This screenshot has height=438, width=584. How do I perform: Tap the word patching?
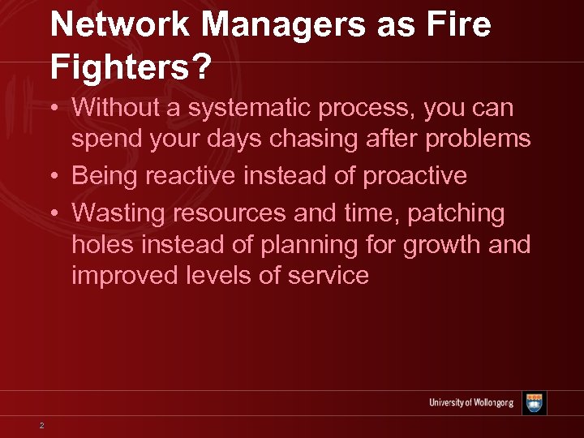pyautogui.click(x=456, y=213)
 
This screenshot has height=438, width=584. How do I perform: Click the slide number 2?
pyautogui.click(x=41, y=424)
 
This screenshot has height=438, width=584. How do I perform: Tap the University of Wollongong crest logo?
pyautogui.click(x=535, y=403)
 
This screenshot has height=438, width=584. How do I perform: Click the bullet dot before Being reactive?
pyautogui.click(x=54, y=176)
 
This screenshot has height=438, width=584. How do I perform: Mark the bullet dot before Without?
pyautogui.click(x=54, y=108)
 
